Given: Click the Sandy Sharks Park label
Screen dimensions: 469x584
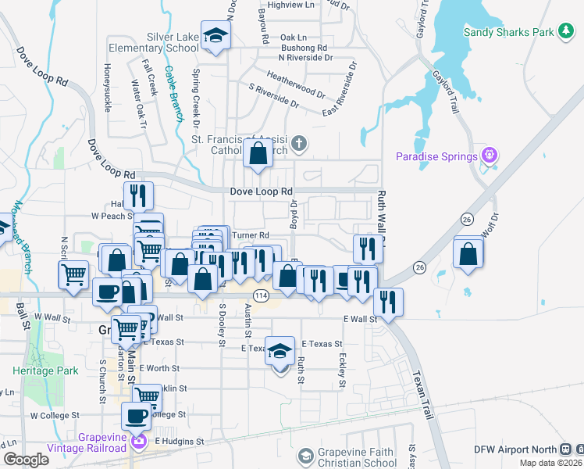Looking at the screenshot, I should click(x=508, y=32).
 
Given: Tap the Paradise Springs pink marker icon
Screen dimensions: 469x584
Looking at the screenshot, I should click(x=490, y=156).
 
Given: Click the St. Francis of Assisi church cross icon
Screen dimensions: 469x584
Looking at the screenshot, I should click(x=299, y=143).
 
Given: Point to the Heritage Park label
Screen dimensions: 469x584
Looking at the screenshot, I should click(x=45, y=371).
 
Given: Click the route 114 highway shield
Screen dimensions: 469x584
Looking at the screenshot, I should click(x=261, y=295).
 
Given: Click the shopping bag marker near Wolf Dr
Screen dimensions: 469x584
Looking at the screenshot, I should click(x=468, y=254).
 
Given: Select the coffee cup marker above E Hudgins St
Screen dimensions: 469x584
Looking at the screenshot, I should click(x=137, y=416).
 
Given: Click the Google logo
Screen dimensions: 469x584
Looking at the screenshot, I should click(x=26, y=460).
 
